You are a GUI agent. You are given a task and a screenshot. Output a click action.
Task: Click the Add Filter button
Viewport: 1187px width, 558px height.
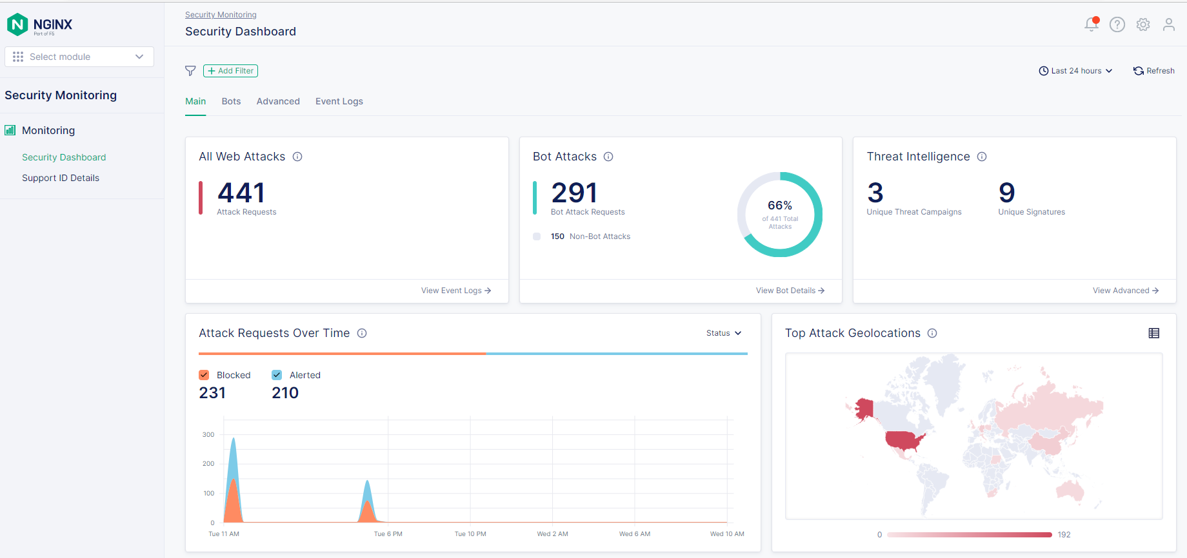230,71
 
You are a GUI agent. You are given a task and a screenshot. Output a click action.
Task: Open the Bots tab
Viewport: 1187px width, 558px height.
231,101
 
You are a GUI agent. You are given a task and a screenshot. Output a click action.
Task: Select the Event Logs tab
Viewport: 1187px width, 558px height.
339,101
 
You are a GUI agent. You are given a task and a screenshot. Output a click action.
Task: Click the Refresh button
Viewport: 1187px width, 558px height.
1154,71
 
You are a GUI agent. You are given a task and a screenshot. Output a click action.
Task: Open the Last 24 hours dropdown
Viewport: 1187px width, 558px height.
1075,71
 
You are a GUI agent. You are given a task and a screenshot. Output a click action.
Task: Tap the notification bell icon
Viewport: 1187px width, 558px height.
1091,24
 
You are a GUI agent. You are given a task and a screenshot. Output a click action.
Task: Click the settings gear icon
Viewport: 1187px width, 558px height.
1143,24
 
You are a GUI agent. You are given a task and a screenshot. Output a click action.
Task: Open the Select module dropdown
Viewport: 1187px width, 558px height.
79,57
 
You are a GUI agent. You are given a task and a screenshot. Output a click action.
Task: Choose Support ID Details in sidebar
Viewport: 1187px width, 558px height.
61,178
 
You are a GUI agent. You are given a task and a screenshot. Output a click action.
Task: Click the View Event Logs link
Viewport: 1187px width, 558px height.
456,291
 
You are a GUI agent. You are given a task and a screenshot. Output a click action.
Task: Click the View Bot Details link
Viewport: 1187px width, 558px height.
790,291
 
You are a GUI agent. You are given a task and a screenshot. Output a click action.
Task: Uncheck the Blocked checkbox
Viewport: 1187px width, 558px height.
204,375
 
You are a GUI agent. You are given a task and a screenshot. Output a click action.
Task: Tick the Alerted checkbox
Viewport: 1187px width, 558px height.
277,375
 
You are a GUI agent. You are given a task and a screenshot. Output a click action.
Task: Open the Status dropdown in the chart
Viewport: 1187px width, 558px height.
724,333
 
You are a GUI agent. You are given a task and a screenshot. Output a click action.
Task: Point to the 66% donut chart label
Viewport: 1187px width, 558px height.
780,206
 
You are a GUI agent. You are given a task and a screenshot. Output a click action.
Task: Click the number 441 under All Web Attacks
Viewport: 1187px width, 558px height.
241,193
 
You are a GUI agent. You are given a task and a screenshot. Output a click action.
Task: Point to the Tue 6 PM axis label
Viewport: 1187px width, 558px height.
388,534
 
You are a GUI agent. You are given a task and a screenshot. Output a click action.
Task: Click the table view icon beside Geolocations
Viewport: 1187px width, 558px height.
1154,333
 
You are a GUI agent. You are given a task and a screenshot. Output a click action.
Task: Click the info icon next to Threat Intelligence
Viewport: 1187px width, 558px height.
982,157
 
